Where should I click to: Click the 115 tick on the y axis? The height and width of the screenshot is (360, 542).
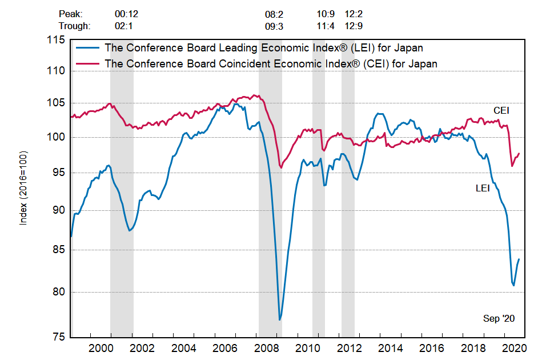57,39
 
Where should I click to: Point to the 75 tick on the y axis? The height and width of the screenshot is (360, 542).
59,337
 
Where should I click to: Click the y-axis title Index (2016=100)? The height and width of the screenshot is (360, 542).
23,188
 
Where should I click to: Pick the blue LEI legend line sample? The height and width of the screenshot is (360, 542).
86,47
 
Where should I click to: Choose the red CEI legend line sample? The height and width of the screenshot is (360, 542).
86,63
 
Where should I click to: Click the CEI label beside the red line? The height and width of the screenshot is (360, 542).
501,110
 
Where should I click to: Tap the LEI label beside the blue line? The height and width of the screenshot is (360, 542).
483,187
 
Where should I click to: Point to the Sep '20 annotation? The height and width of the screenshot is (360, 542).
499,318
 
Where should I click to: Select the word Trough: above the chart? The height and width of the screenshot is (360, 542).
74,26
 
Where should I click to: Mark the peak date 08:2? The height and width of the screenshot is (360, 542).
274,13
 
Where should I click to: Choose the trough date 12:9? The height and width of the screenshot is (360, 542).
354,26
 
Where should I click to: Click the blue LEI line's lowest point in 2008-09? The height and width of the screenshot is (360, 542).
280,319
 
